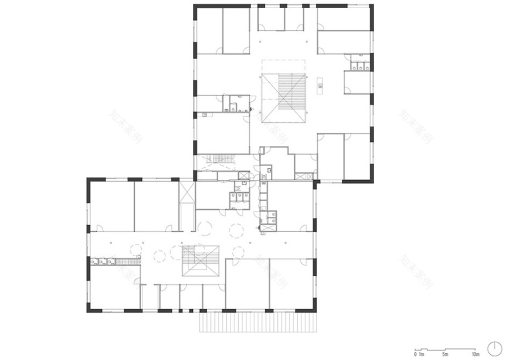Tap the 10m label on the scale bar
tap(476, 355)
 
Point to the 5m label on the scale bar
tap(445, 355)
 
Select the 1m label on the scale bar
tap(421, 355)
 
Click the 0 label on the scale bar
tap(415, 355)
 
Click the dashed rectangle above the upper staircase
tap(283, 65)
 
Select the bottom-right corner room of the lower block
tap(291, 284)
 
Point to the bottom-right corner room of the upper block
tap(357, 157)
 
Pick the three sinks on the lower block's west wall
tap(101, 262)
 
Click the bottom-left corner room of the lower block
tap(115, 287)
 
